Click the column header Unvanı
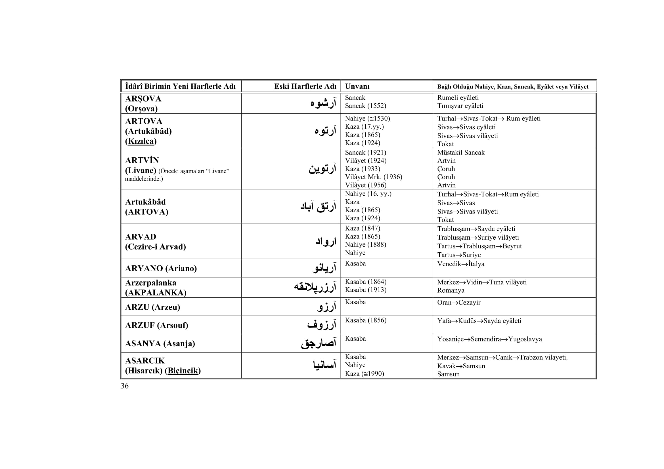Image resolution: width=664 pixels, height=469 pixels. click(357, 86)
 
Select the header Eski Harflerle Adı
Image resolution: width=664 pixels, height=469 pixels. click(305, 86)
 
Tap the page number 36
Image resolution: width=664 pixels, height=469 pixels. click(125, 386)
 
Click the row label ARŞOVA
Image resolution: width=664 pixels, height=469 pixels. click(143, 99)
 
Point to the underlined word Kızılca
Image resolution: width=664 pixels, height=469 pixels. click(141, 141)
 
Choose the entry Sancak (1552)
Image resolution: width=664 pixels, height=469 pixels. click(365, 106)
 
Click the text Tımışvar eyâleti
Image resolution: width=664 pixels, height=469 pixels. click(460, 106)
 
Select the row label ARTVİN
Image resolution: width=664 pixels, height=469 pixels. click(142, 160)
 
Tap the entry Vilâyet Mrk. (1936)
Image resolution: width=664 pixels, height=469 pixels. click(373, 177)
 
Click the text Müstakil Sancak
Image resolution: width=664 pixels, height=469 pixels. click(461, 153)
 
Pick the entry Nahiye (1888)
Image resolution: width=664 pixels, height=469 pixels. click(366, 245)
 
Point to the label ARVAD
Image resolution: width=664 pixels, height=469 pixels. click(141, 237)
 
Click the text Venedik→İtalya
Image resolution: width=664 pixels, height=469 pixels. click(461, 264)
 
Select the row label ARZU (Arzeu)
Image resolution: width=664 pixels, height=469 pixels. click(152, 307)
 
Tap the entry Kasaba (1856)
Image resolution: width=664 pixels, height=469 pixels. click(366, 320)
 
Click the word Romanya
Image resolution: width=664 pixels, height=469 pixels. click(451, 290)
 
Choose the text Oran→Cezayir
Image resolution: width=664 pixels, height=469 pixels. click(459, 303)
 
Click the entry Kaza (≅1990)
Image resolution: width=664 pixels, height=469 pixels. click(365, 374)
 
